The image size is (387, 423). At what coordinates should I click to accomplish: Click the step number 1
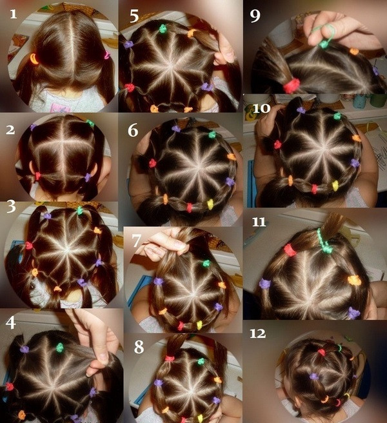click(13, 14)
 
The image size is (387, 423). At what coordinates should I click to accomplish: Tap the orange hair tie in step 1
click(34, 59)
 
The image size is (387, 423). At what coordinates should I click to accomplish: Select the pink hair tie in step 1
click(107, 55)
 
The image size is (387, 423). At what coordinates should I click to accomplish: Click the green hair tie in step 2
click(90, 124)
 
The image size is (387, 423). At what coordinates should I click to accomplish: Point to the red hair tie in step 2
click(37, 176)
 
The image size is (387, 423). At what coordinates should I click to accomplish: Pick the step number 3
click(11, 206)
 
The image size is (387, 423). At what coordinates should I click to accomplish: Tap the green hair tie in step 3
click(79, 210)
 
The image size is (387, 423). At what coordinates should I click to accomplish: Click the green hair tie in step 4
click(59, 348)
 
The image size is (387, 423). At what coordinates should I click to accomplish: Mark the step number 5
click(134, 16)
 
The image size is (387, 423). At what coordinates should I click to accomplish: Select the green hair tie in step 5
click(163, 28)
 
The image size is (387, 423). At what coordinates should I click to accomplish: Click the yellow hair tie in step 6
click(210, 204)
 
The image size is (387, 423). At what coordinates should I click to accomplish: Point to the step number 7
click(137, 241)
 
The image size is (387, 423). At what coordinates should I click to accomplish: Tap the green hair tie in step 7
click(206, 263)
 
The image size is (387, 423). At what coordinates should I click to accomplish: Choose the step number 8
click(139, 347)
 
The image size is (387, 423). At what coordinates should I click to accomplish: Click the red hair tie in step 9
click(292, 85)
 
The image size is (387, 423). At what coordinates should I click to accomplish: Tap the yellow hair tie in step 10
click(335, 186)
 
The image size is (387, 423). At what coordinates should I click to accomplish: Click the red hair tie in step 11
click(290, 250)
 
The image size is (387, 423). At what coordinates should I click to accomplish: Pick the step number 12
click(258, 334)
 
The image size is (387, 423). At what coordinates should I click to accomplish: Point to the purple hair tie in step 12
click(314, 377)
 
